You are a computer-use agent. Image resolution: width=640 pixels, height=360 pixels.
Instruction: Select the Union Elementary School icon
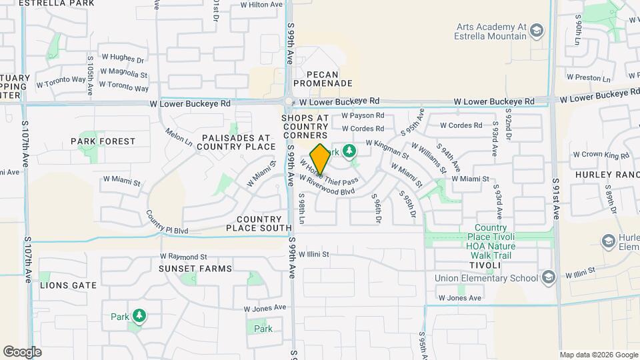(548, 277)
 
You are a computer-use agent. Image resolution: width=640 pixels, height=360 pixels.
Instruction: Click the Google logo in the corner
(22, 351)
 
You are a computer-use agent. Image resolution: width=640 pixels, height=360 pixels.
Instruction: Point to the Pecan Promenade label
(329, 79)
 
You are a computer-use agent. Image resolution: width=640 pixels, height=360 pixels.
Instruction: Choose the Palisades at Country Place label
(236, 141)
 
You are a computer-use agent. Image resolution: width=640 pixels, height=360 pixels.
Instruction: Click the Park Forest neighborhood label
(103, 141)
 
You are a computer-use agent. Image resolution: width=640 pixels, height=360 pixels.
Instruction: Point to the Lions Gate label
(69, 285)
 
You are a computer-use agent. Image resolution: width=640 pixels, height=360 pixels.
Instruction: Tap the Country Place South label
(259, 223)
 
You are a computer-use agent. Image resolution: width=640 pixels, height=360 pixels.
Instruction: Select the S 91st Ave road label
(557, 198)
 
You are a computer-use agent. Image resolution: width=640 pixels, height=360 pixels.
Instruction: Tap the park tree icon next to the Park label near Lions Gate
(139, 315)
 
